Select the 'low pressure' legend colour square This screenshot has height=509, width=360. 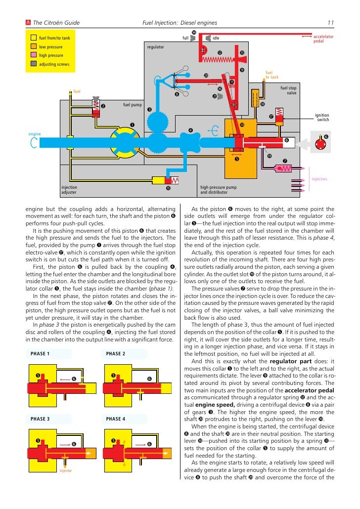(x=33, y=47)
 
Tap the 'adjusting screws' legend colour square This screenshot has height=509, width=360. (x=33, y=64)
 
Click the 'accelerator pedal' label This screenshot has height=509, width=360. (x=323, y=39)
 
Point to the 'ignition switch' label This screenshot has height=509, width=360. (x=322, y=118)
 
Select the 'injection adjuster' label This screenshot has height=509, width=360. (x=69, y=190)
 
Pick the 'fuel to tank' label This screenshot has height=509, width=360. (x=272, y=75)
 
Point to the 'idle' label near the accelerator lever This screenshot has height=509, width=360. (x=216, y=38)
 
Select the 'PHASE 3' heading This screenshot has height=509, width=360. (x=40, y=419)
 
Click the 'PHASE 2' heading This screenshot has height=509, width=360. (x=116, y=354)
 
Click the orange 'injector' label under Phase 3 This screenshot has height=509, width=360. (x=66, y=471)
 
